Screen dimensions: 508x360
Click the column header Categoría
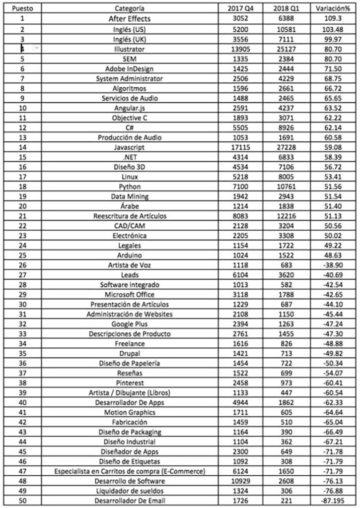click(x=130, y=8)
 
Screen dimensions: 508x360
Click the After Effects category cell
click(x=130, y=19)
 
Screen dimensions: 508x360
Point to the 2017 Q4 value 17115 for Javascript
click(x=243, y=147)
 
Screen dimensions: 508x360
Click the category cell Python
click(x=130, y=187)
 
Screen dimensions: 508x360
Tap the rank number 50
click(x=22, y=501)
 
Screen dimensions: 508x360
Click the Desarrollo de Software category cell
click(x=130, y=481)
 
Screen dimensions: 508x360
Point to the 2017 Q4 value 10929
click(x=243, y=481)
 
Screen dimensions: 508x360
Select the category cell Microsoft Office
click(x=130, y=295)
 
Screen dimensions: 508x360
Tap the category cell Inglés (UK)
click(x=130, y=39)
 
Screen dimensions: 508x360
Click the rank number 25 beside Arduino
click(x=22, y=255)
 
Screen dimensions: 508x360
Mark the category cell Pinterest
click(x=130, y=383)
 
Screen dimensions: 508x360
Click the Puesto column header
click(x=22, y=8)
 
